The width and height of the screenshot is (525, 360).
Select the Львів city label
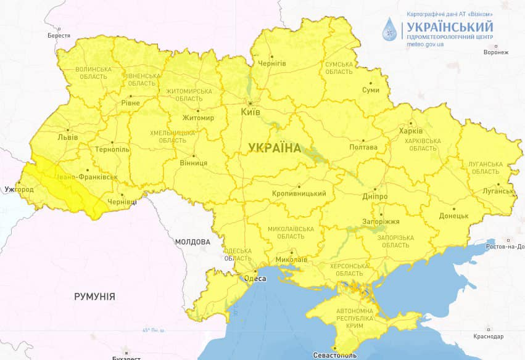(68, 137)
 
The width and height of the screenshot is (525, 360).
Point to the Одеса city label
(256, 279)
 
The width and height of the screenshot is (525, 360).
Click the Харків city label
(411, 131)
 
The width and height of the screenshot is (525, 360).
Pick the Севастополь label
(335, 356)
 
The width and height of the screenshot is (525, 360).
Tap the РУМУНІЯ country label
(94, 297)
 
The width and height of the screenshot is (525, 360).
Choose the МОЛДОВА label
(192, 242)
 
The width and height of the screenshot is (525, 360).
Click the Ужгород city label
(19, 189)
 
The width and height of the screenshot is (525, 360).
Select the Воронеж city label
(496, 52)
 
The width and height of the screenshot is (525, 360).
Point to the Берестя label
(59, 36)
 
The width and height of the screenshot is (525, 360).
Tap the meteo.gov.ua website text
(426, 45)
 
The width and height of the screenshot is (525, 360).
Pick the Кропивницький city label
(299, 194)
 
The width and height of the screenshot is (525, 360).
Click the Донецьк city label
(454, 216)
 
